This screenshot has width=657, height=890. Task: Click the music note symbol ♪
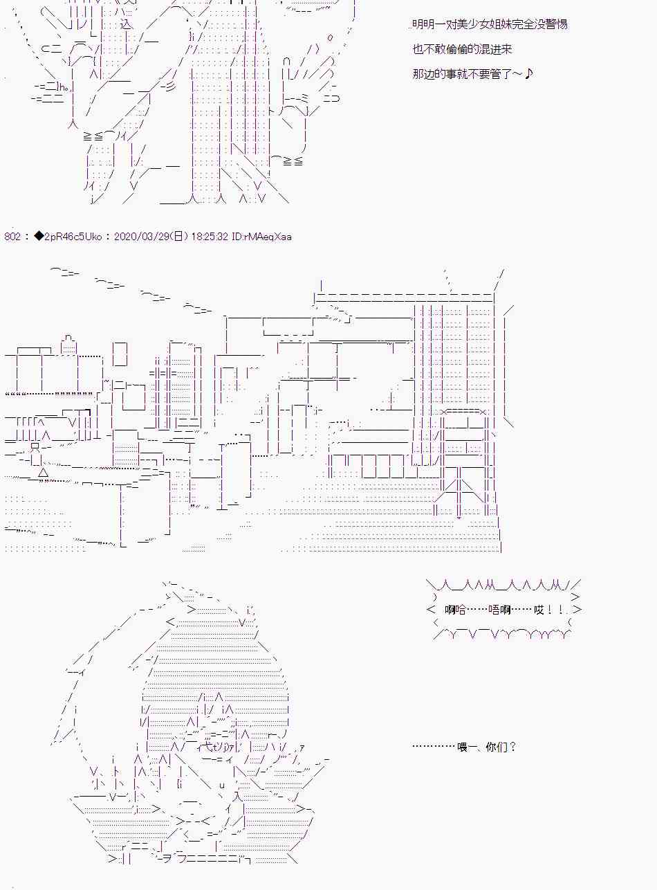[x=528, y=73]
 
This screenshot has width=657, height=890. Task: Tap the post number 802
[x=12, y=237]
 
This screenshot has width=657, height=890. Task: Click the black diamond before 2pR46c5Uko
[x=39, y=236]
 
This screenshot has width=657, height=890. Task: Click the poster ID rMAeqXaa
[x=266, y=237]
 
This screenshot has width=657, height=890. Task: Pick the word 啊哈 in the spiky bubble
[x=455, y=610]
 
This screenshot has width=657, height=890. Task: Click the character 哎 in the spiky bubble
[x=539, y=610]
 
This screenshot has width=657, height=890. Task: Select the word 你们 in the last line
[x=497, y=747]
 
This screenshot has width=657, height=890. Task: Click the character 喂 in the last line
[x=462, y=747]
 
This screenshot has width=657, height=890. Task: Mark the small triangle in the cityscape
[x=44, y=472]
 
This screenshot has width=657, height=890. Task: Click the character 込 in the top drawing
[x=126, y=24]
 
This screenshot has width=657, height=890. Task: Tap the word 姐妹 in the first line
[x=501, y=24]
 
